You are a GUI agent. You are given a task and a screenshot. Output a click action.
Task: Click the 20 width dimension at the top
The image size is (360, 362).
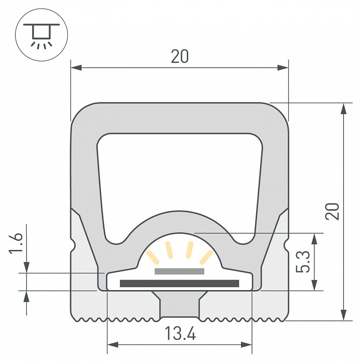click(179, 57)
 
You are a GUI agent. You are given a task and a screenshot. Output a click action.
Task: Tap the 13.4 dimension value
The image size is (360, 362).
click(179, 333)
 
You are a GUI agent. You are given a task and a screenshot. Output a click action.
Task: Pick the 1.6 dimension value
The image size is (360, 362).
click(16, 243)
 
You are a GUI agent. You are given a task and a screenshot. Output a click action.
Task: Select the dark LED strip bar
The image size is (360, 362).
click(179, 284)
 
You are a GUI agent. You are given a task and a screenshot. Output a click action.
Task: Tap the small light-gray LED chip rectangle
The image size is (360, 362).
click(179, 271)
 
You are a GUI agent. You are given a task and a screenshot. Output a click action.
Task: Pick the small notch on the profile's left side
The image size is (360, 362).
click(73, 246)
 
